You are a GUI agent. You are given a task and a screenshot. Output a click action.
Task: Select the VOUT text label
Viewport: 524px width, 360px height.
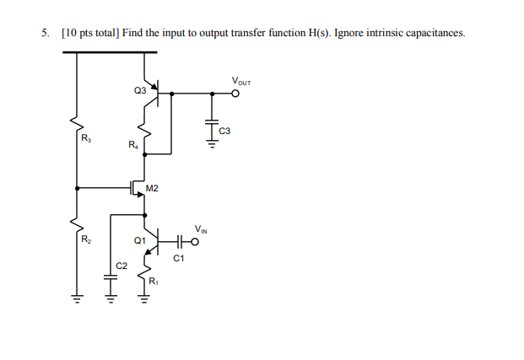(240, 82)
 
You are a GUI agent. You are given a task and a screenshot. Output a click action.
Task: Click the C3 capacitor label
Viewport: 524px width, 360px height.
(224, 131)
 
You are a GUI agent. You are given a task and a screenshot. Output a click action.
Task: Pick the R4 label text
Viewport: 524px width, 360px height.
(132, 145)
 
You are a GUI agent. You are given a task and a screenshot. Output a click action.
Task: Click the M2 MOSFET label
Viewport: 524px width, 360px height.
(152, 187)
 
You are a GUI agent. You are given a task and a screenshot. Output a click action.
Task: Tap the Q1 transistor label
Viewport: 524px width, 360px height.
(139, 240)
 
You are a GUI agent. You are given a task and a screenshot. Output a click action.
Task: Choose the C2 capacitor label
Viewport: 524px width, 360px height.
(122, 265)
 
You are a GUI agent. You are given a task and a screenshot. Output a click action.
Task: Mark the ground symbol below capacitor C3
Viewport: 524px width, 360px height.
(211, 146)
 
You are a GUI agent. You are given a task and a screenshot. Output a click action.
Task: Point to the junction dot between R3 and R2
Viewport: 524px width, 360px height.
(78, 187)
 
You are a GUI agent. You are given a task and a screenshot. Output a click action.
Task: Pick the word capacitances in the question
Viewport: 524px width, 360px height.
(433, 33)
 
